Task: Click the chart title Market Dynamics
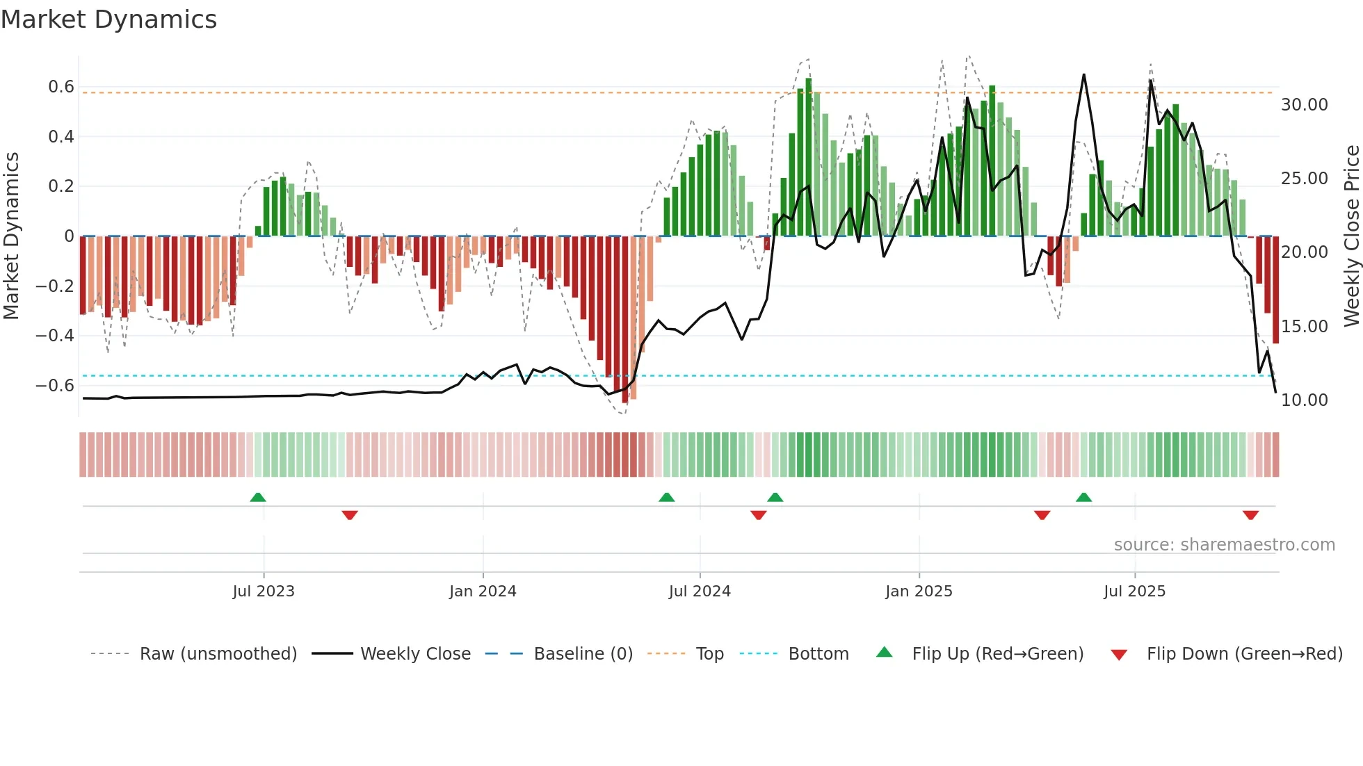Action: (x=108, y=19)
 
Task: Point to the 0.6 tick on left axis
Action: (x=61, y=87)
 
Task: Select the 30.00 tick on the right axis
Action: (x=1305, y=105)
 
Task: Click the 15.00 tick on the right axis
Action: (x=1305, y=327)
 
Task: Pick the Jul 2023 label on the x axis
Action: (x=264, y=592)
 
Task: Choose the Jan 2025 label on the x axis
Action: (x=919, y=592)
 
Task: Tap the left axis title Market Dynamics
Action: (x=12, y=236)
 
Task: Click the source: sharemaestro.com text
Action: (x=1224, y=545)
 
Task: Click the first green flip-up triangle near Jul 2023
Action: (x=258, y=497)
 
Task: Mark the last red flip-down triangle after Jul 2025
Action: (x=1250, y=515)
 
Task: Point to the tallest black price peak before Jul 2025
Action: (x=1083, y=75)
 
